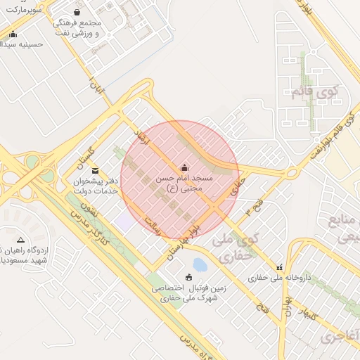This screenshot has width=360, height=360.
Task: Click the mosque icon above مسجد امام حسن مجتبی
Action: click(184, 167)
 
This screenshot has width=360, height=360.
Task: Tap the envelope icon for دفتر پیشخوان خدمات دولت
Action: click(95, 170)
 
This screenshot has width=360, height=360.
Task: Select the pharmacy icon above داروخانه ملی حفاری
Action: click(281, 267)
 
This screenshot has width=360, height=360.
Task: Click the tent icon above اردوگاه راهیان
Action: click(20, 240)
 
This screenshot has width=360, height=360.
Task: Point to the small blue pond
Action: click(200, 265)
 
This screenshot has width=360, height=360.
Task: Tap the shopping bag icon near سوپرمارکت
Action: click(77, 12)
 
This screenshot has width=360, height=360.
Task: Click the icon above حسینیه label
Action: click(13, 33)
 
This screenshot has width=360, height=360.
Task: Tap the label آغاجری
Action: click(339, 337)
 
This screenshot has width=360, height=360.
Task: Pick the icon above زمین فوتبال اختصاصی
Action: click(188, 276)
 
